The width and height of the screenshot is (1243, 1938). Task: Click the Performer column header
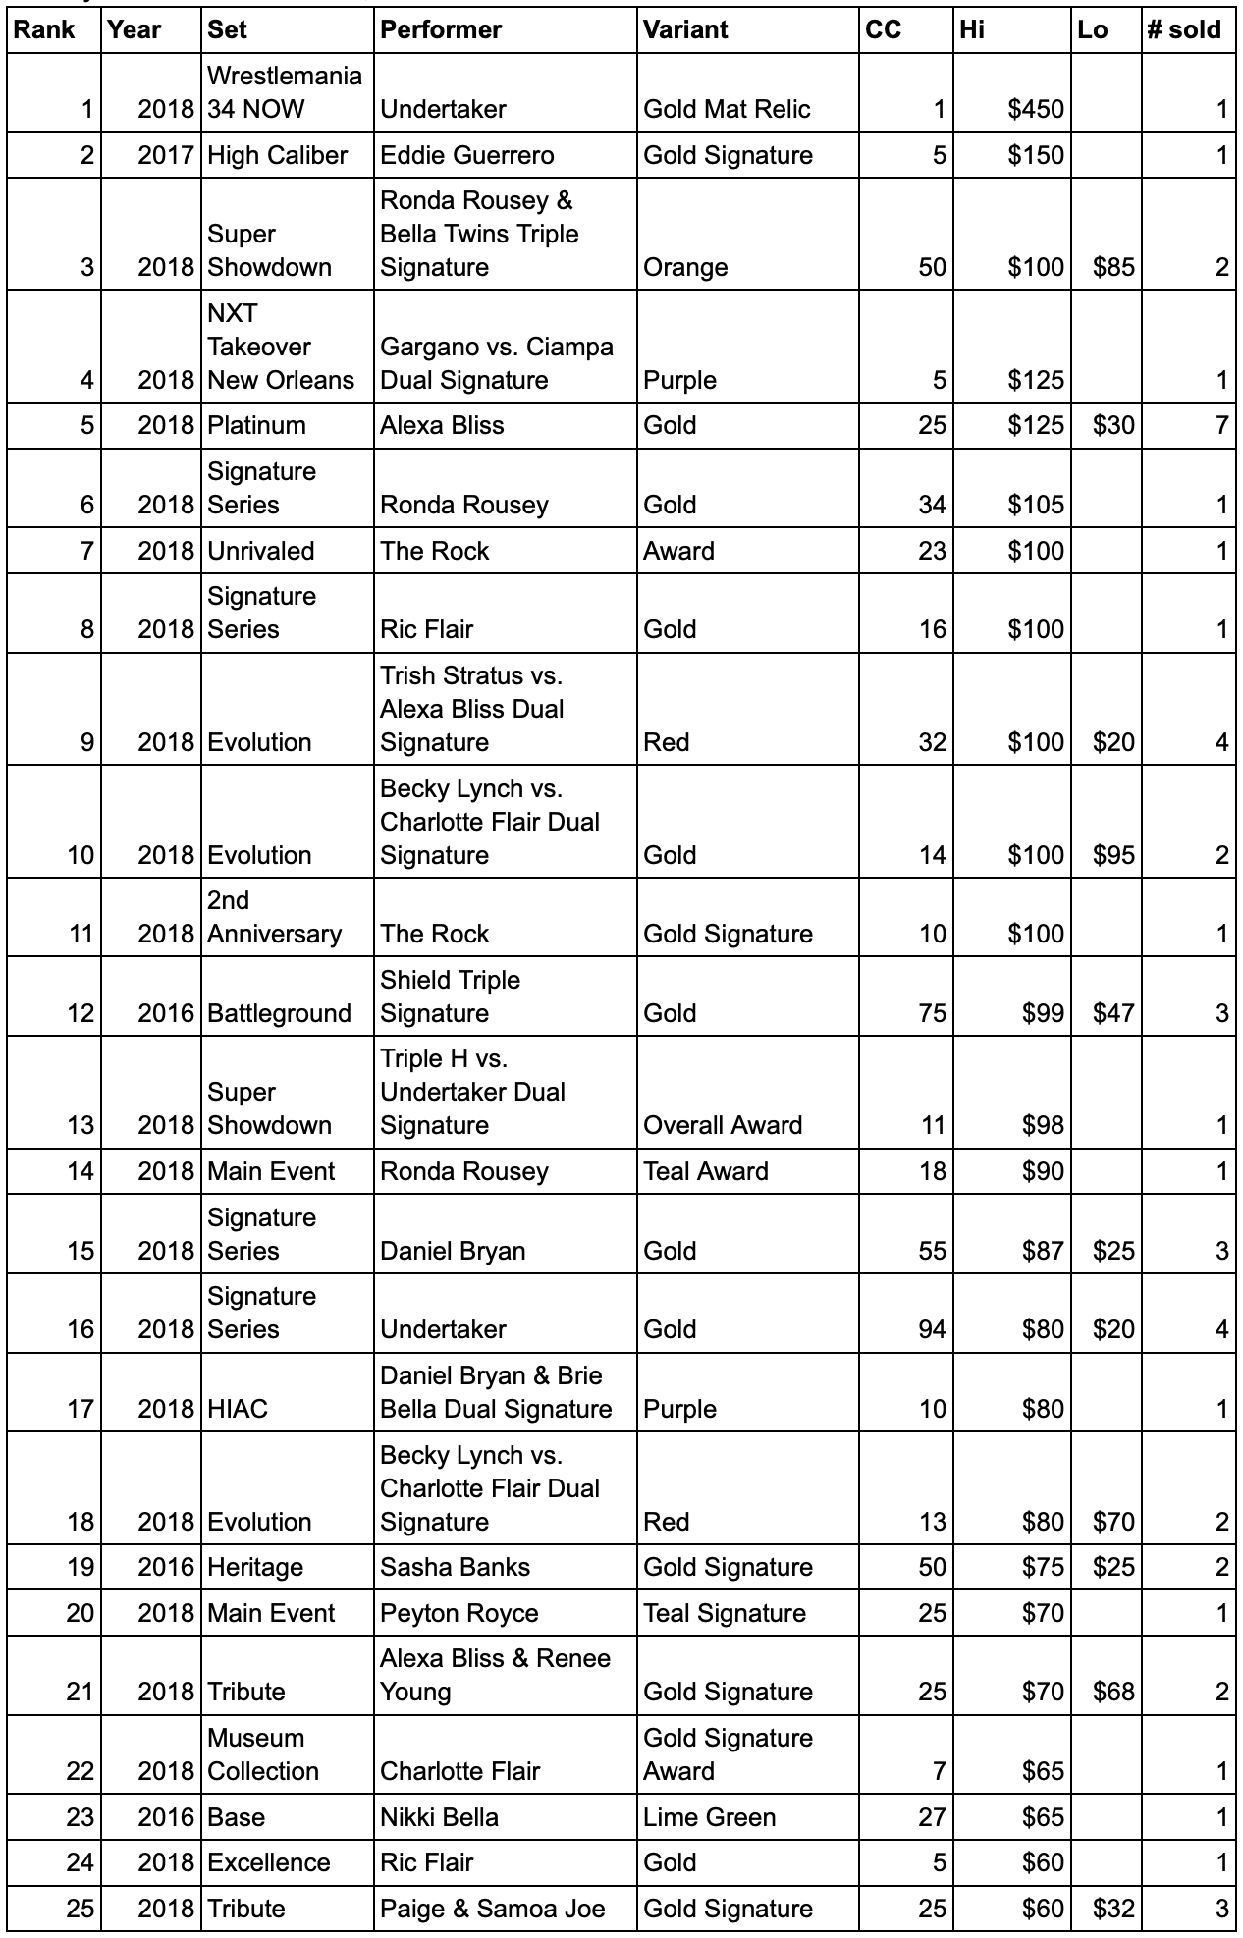click(x=441, y=29)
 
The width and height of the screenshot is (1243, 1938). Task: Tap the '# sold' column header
click(x=1183, y=29)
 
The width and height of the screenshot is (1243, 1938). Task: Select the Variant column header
click(x=685, y=29)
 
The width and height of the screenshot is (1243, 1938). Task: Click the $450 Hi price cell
click(x=1035, y=108)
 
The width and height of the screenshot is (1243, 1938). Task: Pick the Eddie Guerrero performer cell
click(x=466, y=155)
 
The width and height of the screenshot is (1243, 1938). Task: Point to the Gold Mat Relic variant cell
click(x=727, y=108)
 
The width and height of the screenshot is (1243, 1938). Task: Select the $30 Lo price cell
click(x=1113, y=425)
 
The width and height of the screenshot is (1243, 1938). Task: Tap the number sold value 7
click(x=1220, y=425)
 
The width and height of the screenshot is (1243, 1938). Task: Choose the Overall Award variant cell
click(x=723, y=1125)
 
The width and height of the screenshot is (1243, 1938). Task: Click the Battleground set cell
click(x=279, y=1013)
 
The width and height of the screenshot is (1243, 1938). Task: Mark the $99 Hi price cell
click(x=1042, y=1013)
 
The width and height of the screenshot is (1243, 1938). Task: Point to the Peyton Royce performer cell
click(x=459, y=1613)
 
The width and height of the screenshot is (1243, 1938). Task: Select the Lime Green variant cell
click(x=709, y=1817)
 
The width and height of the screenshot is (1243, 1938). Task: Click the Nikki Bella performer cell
click(x=439, y=1817)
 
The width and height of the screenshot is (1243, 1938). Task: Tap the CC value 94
click(x=931, y=1329)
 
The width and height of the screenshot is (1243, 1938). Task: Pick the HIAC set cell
click(x=238, y=1409)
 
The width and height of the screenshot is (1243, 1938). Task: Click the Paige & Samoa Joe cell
click(x=492, y=1909)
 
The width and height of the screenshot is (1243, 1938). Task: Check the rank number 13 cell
click(x=81, y=1125)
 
